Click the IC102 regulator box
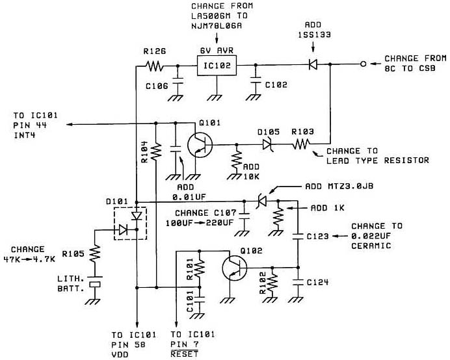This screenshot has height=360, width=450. point(216,66)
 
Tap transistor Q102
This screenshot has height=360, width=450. point(233,268)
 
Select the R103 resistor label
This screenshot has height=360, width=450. point(303,131)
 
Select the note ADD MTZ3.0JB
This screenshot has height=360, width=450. point(338,186)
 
